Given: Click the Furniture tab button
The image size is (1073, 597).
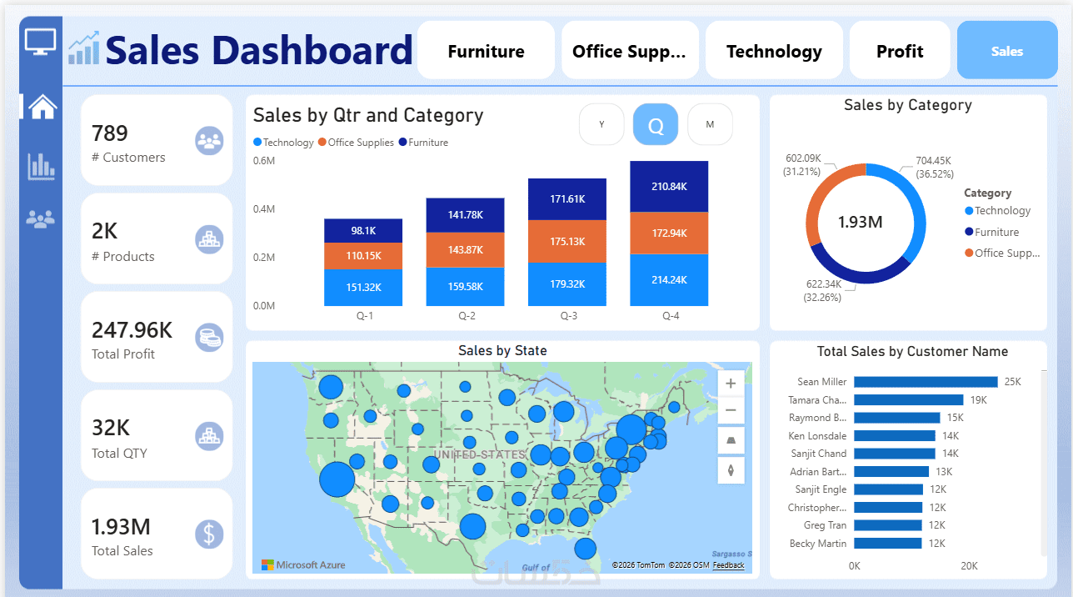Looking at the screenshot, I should coord(486,51).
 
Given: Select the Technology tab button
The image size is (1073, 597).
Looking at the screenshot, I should coord(774,51).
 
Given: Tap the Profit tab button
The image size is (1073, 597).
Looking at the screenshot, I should coord(900,51).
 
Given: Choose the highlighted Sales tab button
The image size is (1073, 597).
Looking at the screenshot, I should coord(1006,51).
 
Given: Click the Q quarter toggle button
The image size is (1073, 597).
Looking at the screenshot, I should coord(656,125).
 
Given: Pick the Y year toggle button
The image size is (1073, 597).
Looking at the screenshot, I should coord(601,125).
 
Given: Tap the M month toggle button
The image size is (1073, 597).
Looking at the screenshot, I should coord(710,125).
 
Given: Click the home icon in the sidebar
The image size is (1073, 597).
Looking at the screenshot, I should coord(42,106).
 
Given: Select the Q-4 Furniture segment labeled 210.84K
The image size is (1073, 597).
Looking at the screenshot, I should coord(669,186).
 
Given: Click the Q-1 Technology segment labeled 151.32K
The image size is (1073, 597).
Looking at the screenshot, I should coord(362,287).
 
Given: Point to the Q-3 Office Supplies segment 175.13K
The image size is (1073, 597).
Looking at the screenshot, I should coord(567,242).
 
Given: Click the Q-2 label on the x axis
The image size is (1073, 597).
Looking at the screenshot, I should coord(467,316).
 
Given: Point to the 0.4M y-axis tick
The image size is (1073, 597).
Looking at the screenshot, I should coord(264,208).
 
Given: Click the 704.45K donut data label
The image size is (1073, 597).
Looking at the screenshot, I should coord(933,161).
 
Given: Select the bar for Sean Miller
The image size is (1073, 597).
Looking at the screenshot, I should coord(926,382).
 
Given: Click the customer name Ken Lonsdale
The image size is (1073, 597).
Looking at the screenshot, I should coord(817,436).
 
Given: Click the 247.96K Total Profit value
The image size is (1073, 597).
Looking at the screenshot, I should coord(132,330).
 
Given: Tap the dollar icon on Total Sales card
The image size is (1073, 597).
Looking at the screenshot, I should coord(209,534).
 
